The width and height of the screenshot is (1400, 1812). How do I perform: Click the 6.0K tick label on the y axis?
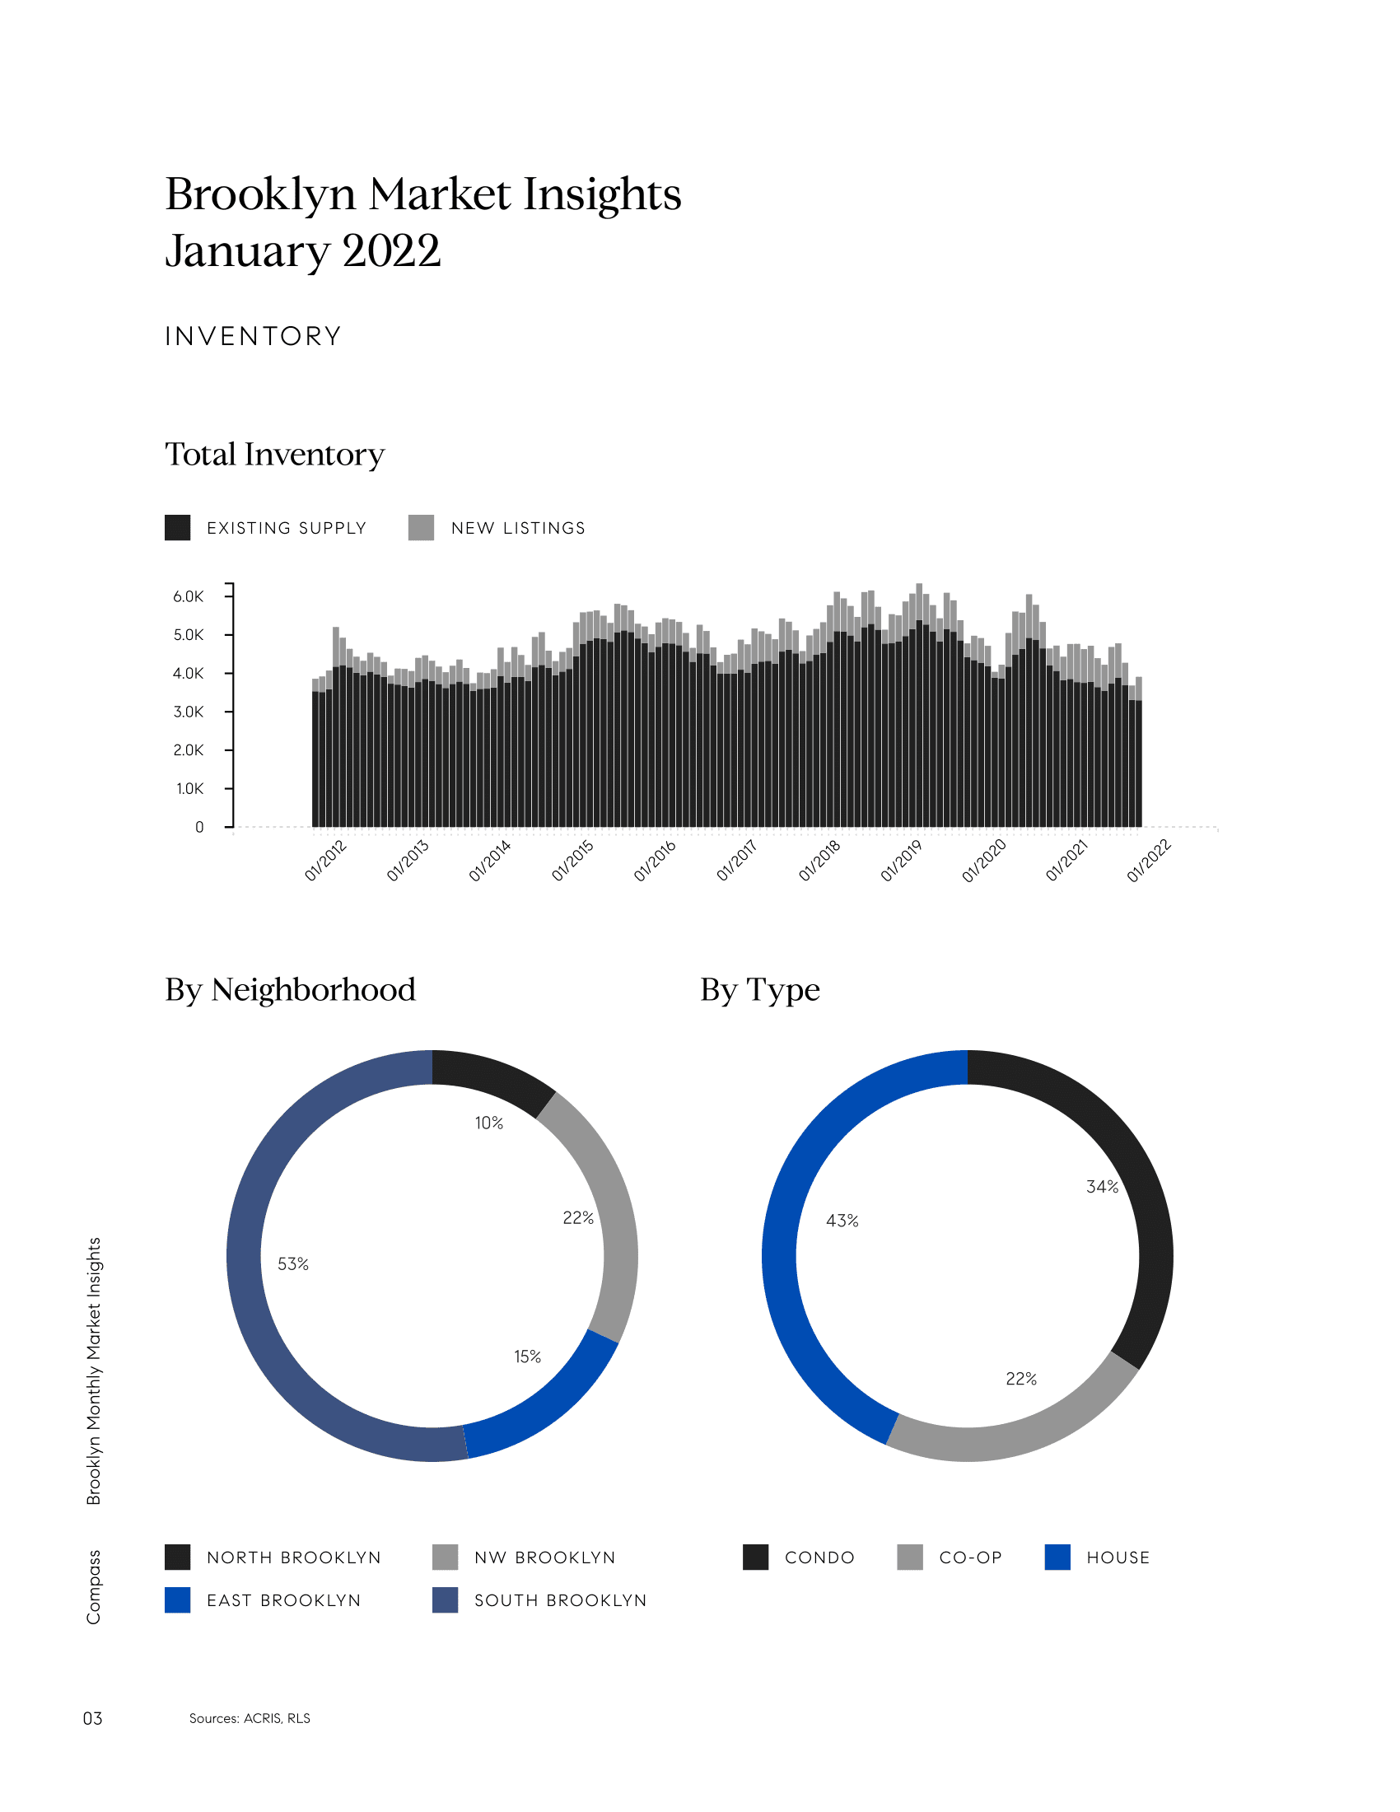coord(188,596)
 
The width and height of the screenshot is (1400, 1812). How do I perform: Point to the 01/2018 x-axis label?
coord(819,861)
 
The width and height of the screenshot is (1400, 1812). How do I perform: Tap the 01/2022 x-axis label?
coord(1149,861)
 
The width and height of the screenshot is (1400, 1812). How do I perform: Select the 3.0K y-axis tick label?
coord(188,712)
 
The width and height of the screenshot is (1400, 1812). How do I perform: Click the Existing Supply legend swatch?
coord(178,528)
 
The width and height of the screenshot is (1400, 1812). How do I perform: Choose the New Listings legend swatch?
coord(422,528)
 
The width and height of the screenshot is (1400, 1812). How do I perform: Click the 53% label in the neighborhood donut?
coord(293,1263)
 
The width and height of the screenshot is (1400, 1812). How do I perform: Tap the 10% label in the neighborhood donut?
coord(488,1123)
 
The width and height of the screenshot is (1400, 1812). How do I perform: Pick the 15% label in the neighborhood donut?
coord(528,1357)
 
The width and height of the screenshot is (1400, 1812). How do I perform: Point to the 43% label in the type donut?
coord(842,1221)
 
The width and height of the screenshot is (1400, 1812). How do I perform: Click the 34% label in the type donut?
coord(1102,1187)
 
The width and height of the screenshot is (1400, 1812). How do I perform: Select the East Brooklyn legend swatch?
coord(178,1600)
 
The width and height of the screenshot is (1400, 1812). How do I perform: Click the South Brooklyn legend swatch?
coord(445,1600)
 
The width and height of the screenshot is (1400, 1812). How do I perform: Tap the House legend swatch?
coord(1057,1557)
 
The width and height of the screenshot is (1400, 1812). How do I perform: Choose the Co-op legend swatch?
coord(910,1557)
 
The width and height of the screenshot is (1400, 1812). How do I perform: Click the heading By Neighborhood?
coord(290,990)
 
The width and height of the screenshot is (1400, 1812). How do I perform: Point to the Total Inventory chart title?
coord(274,455)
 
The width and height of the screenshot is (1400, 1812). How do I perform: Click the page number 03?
coord(92,1718)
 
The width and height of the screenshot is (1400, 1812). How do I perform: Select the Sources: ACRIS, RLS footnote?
coord(250,1718)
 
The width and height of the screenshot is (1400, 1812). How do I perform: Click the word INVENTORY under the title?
coord(253,336)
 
